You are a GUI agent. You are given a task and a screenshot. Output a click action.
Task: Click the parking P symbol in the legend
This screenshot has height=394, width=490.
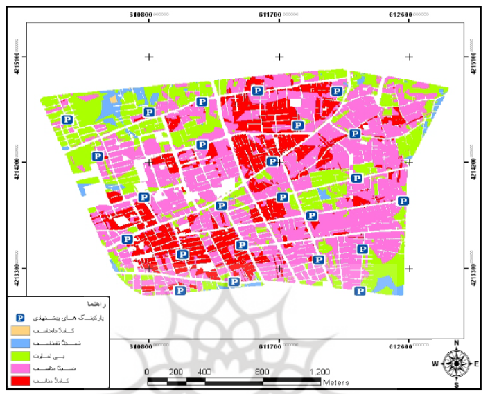pyautogui.click(x=20, y=317)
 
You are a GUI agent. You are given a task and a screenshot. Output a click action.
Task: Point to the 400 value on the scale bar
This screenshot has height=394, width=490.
pyautogui.click(x=204, y=371)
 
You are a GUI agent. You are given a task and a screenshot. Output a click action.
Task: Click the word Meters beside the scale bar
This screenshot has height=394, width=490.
pyautogui.click(x=335, y=382)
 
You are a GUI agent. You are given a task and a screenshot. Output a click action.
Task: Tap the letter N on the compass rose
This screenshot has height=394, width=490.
pyautogui.click(x=457, y=343)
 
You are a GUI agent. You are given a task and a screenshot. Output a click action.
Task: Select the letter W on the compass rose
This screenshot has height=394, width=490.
pyautogui.click(x=435, y=364)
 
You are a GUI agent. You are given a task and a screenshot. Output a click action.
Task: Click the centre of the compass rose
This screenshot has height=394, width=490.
pyautogui.click(x=457, y=363)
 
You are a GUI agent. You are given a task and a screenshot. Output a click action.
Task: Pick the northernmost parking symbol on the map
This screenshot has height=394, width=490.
pyautogui.click(x=257, y=90)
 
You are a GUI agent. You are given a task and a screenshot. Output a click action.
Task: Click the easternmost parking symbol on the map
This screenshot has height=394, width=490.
pyautogui.click(x=403, y=201)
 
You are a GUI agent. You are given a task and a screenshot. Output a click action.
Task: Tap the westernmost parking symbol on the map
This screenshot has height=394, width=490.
pyautogui.click(x=67, y=120)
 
